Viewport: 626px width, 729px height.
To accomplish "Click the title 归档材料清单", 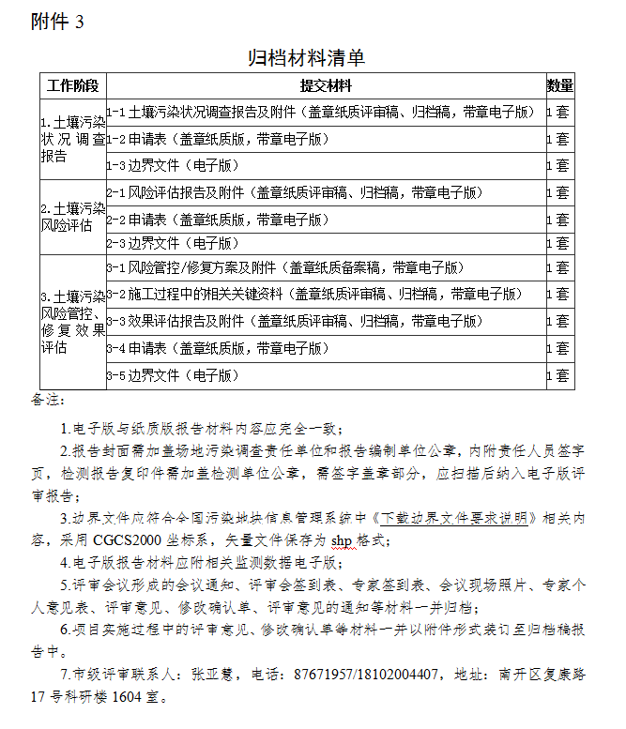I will click(306, 58).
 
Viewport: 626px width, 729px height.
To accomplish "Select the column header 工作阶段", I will click(72, 86).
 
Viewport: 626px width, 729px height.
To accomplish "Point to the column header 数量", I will click(560, 86).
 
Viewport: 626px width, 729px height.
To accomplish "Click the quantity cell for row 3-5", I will click(560, 376).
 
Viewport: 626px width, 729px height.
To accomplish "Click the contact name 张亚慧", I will click(218, 674).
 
